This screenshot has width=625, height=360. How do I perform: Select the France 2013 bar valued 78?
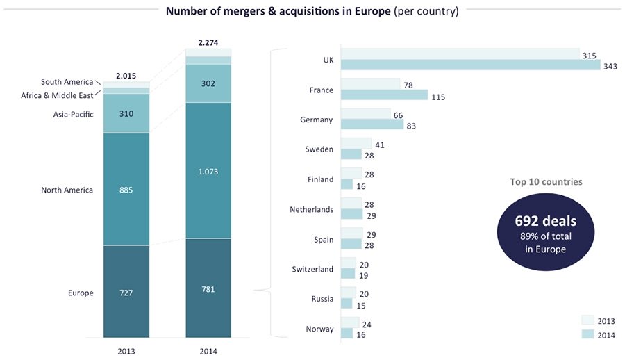click(x=371, y=85)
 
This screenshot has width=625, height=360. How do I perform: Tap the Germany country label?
click(x=317, y=120)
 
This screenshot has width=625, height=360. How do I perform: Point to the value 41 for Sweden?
click(x=379, y=145)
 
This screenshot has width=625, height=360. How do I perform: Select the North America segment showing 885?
click(x=126, y=189)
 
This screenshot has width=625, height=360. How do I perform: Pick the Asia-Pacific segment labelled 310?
click(x=126, y=113)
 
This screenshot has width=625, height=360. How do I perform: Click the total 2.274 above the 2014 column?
click(x=208, y=42)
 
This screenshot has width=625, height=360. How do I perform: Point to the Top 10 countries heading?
click(x=546, y=182)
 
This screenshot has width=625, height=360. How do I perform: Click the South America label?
click(x=67, y=82)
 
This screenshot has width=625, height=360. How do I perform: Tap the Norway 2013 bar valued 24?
click(x=350, y=323)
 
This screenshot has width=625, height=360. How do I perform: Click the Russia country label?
click(x=322, y=299)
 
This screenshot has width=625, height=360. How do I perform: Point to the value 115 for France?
click(x=437, y=97)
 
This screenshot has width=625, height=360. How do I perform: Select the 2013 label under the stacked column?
click(x=126, y=351)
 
